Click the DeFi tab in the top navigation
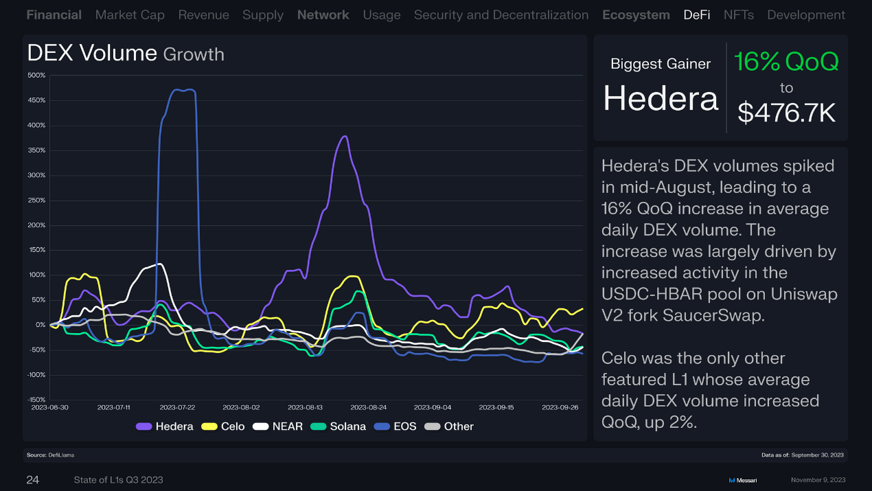pos(696,14)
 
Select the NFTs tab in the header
pos(738,14)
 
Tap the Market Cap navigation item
pos(130,14)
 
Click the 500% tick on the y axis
pos(37,75)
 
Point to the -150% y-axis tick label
pos(36,399)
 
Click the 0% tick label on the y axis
pos(41,324)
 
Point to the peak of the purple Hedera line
pos(345,136)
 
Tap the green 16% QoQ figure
pos(786,62)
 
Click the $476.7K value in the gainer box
pos(786,112)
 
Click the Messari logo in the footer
pos(742,480)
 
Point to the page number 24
pos(32,479)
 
